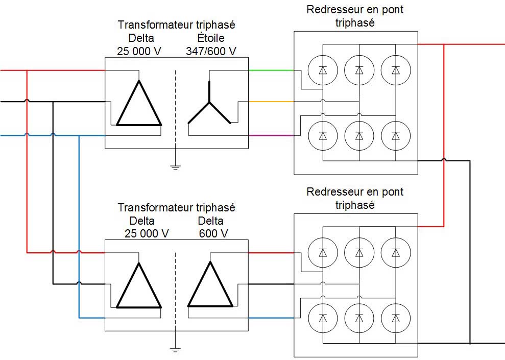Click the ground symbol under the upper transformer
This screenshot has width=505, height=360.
(x=175, y=166)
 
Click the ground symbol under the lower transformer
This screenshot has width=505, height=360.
(x=175, y=349)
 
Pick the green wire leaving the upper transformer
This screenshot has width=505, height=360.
(x=271, y=70)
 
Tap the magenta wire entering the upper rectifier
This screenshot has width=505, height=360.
(x=271, y=135)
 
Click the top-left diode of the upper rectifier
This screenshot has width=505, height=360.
(x=323, y=69)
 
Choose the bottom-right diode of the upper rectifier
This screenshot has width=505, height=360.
(x=395, y=135)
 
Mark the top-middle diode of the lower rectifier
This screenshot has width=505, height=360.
(x=359, y=252)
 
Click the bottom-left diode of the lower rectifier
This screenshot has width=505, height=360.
(x=323, y=318)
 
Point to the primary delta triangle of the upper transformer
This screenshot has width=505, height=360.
(x=139, y=104)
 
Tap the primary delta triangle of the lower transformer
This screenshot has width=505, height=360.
(x=139, y=287)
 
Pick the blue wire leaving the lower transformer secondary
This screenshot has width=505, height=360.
(x=271, y=318)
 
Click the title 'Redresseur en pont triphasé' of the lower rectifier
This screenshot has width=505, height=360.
(x=355, y=198)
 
